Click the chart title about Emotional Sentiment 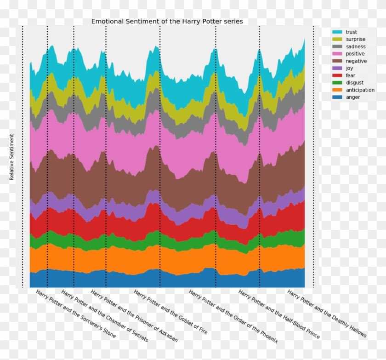click(x=167, y=22)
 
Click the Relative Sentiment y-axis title click(x=12, y=157)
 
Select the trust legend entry click(x=351, y=32)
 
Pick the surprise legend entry click(x=355, y=40)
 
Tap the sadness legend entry click(x=355, y=46)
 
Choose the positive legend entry click(x=355, y=54)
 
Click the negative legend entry click(x=356, y=61)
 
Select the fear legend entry click(x=350, y=75)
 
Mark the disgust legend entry click(x=354, y=83)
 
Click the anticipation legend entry click(x=360, y=90)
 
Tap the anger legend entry click(x=352, y=97)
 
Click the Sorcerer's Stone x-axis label click(x=76, y=314)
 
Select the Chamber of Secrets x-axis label click(x=104, y=316)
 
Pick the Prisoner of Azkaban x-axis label click(x=134, y=316)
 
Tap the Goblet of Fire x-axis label click(x=170, y=312)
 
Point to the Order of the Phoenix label click(x=233, y=316)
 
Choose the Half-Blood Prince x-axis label click(x=278, y=314)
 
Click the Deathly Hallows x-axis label click(x=327, y=314)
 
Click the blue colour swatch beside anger click(x=337, y=97)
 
